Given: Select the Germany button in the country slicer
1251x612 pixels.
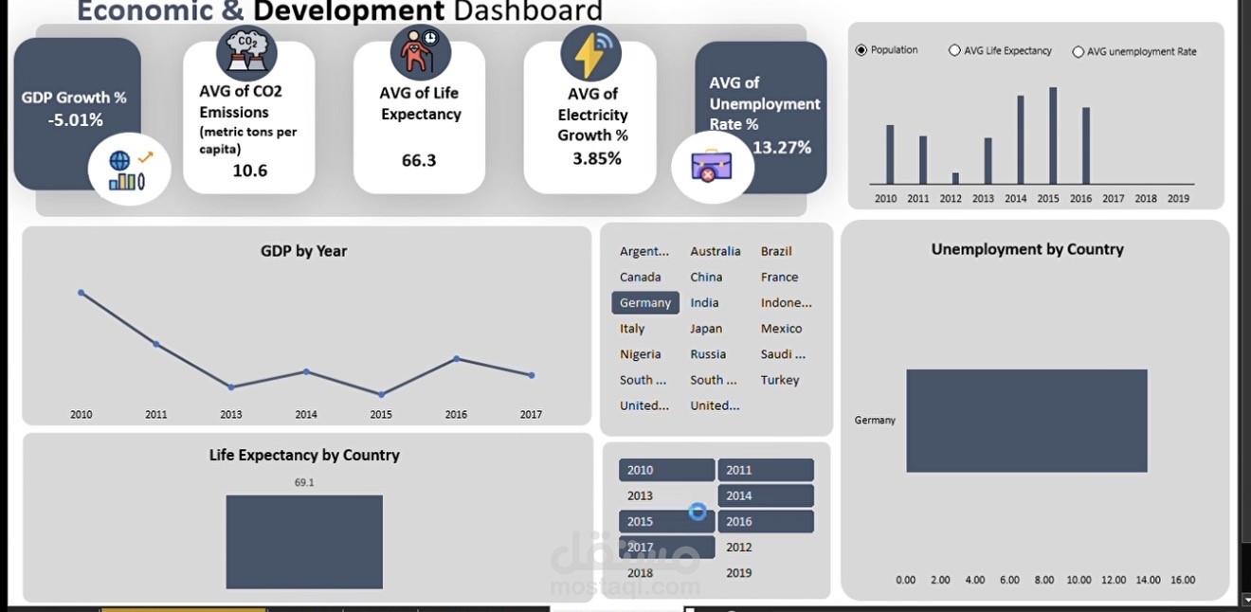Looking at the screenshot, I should click(645, 303).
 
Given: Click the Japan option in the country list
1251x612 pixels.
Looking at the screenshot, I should click(706, 329).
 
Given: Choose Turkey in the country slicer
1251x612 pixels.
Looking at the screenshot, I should click(780, 380).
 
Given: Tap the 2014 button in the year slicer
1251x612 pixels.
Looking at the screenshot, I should click(765, 495).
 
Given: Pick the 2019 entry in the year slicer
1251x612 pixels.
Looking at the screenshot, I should click(739, 572).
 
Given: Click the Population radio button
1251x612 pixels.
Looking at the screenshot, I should click(861, 50).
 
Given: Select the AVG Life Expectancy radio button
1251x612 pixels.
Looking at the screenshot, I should click(954, 51).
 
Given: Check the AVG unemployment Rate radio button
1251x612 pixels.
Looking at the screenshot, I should click(1078, 52).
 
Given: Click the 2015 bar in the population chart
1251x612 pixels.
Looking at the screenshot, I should click(1053, 135).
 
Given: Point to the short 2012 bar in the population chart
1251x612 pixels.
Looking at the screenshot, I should click(955, 178).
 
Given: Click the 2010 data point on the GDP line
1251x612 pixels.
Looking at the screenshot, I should click(82, 293).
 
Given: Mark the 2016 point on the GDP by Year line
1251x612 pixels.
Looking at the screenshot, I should click(457, 358).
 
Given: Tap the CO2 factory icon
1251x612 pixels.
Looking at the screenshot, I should click(246, 52).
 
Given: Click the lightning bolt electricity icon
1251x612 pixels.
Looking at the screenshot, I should click(590, 54).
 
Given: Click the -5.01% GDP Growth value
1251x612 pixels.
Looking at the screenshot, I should click(76, 120).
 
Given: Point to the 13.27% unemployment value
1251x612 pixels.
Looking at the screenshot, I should click(782, 148).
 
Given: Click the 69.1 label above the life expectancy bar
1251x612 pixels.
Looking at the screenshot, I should click(304, 482).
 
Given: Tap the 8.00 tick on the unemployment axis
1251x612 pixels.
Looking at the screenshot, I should click(1044, 580).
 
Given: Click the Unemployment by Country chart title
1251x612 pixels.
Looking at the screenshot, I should click(1027, 249).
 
